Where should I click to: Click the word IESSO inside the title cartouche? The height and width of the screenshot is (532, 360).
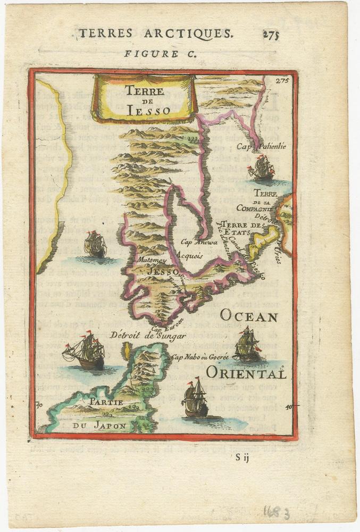click(148, 110)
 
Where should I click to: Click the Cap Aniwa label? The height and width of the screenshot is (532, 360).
click(196, 242)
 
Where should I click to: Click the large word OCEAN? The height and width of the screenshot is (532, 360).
click(248, 317)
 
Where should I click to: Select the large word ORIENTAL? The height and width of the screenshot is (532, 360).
click(246, 373)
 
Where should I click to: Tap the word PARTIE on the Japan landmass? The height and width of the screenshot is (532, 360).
click(106, 402)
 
